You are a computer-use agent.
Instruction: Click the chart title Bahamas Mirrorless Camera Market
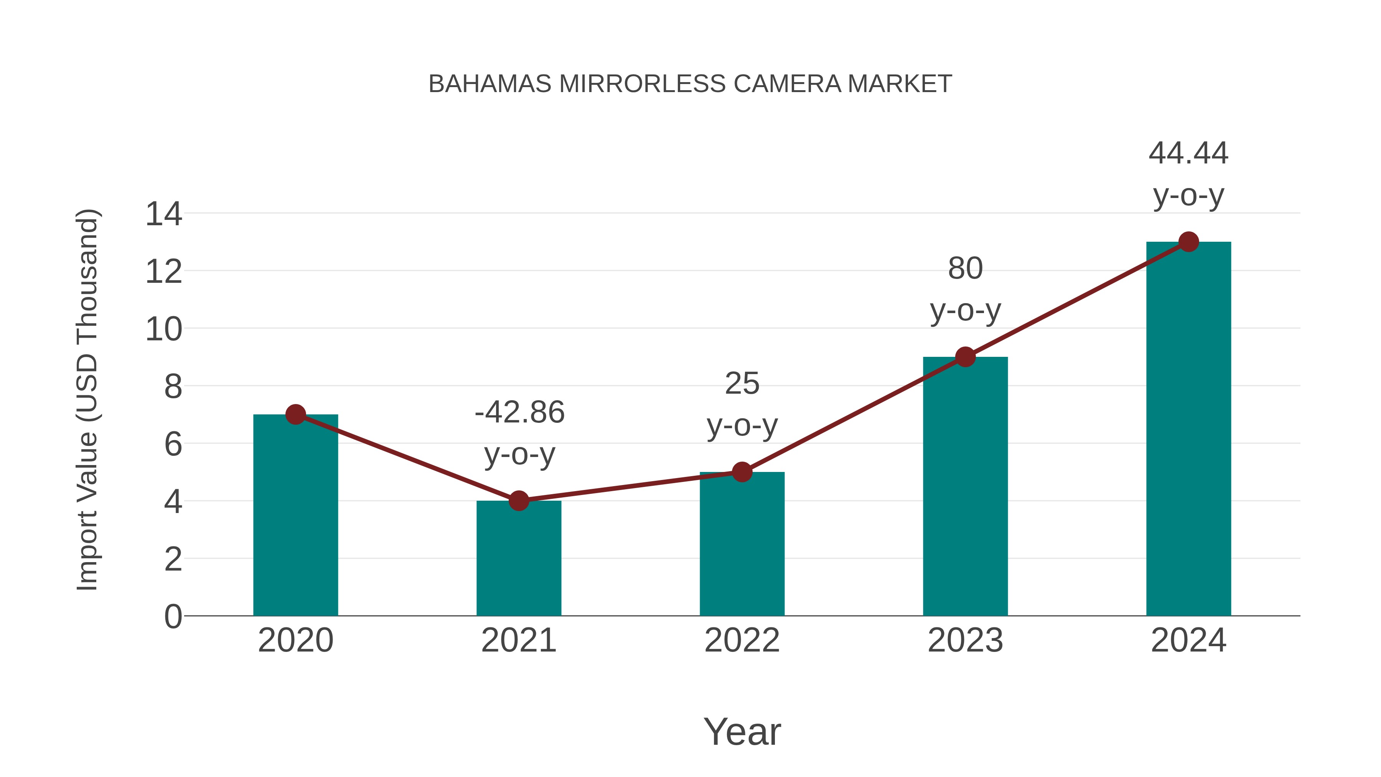point(690,84)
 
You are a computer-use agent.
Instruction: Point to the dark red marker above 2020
point(295,414)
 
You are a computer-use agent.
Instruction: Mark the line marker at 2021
point(518,501)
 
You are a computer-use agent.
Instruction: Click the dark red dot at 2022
point(742,472)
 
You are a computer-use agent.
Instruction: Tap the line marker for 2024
point(1188,242)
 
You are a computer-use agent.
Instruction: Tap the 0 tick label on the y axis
point(173,617)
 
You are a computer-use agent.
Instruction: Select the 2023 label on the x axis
point(965,640)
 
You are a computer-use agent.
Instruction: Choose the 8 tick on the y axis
point(173,387)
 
